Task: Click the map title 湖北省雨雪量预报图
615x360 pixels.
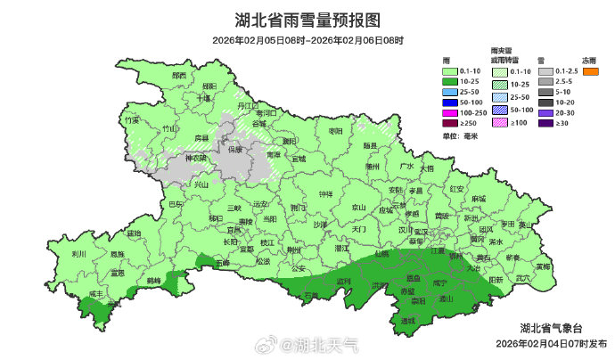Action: pos(307,20)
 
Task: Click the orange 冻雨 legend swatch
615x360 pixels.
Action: pos(589,71)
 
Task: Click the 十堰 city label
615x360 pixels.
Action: pos(205,98)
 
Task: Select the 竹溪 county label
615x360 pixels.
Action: pos(133,119)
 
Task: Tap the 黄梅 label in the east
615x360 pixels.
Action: pos(542,266)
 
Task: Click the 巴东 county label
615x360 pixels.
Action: pos(176,205)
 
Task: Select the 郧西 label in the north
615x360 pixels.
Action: pos(179,76)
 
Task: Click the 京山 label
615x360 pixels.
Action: pos(358,208)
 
